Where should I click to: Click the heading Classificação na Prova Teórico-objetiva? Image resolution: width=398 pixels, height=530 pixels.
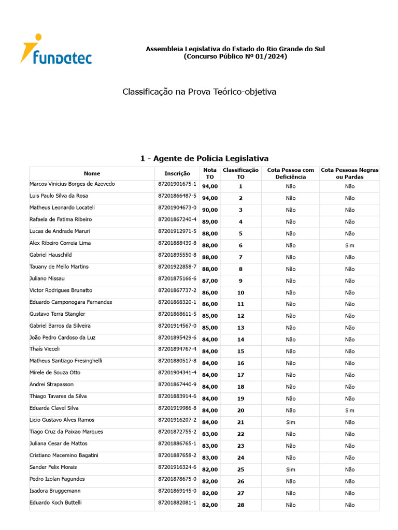click(x=199, y=92)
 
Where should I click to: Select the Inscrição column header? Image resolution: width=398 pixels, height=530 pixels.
click(x=177, y=173)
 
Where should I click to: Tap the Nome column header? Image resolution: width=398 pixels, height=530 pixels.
click(x=92, y=173)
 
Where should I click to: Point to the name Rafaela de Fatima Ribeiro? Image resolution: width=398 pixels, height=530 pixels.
click(x=61, y=219)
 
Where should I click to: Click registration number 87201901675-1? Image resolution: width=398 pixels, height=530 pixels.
click(x=177, y=184)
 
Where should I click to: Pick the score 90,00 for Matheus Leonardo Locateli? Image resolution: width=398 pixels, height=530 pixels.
click(x=210, y=210)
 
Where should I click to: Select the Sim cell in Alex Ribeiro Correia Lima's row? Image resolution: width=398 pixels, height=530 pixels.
click(x=350, y=245)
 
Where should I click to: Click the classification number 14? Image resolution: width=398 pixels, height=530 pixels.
click(x=240, y=340)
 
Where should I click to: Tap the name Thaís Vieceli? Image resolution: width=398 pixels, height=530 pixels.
click(x=45, y=349)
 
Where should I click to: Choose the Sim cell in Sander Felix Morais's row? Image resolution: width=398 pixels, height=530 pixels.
click(x=291, y=469)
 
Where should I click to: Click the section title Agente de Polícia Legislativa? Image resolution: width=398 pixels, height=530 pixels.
click(x=204, y=158)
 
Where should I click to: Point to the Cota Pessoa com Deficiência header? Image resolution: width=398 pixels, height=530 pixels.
click(x=291, y=173)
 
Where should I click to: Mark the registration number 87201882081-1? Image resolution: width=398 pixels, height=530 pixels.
click(x=177, y=503)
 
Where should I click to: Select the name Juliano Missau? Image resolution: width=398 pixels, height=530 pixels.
click(x=47, y=278)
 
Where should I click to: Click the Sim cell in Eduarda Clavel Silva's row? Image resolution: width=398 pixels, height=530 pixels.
click(x=350, y=410)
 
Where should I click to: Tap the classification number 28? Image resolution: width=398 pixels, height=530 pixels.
click(x=240, y=505)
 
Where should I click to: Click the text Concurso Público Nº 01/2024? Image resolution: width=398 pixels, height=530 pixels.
click(x=235, y=56)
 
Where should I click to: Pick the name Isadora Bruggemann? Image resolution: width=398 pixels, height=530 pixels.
click(x=55, y=491)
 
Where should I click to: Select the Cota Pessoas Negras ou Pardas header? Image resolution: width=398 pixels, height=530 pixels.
click(x=350, y=173)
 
